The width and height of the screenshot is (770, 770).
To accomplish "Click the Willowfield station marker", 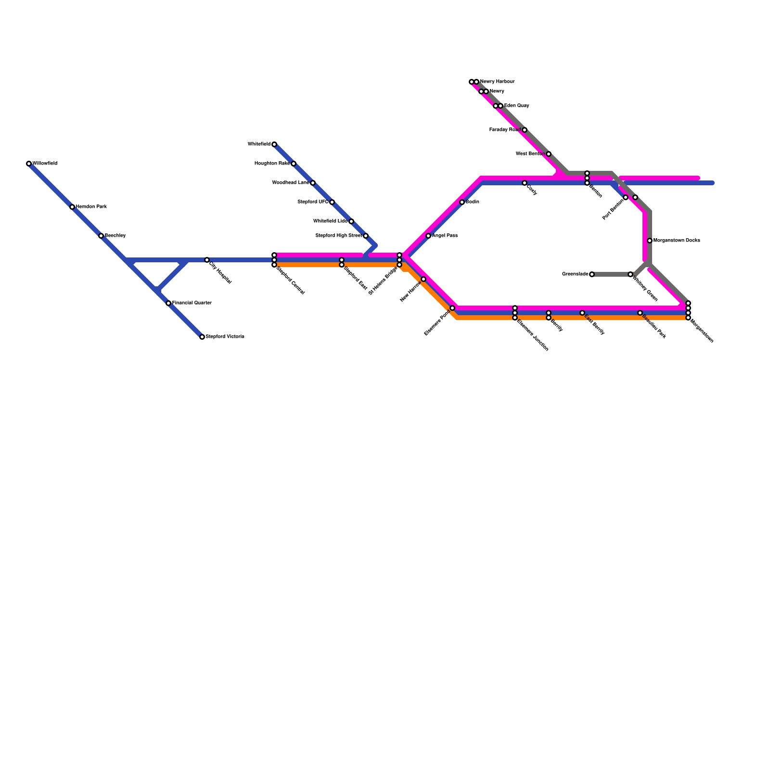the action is pos(29,164).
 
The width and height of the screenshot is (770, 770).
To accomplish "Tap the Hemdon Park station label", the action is pos(91,207).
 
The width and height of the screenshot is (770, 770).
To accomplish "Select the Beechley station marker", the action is pos(101,236).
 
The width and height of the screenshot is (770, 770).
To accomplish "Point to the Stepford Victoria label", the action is pos(225,337).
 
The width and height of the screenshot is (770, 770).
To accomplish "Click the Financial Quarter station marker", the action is pos(168,303).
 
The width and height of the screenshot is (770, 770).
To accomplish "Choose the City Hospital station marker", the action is pos(207,260).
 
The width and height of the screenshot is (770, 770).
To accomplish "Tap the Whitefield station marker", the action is pos(274,144).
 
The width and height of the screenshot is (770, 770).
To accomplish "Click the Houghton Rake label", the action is pos(272,164).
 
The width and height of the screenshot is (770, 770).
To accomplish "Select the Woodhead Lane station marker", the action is pos(313,183).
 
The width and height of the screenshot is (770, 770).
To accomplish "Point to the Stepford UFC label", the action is pos(313,202).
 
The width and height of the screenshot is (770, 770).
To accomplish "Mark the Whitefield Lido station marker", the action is pos(351,221).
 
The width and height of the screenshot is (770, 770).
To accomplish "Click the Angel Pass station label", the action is pos(445,236).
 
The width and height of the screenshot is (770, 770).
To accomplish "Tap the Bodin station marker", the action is pos(462,202).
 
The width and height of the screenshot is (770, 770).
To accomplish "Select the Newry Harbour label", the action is pos(497,82).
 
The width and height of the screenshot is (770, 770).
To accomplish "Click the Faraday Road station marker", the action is pos(525,130).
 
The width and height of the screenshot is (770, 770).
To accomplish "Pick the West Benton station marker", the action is pos(549,154).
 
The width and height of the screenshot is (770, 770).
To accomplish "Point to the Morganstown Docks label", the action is pos(677,241).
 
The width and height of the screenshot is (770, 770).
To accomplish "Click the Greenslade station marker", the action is pos(592,274).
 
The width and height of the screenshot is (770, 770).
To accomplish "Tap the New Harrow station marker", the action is pos(423,279).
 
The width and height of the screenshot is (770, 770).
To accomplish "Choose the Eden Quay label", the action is pos(516,106).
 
